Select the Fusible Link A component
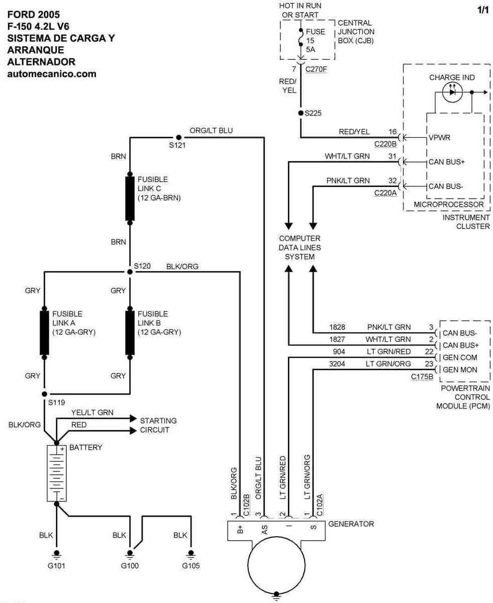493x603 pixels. click(x=44, y=333)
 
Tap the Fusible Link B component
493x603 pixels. click(x=130, y=333)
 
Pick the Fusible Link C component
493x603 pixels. click(x=130, y=198)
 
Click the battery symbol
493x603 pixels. click(x=56, y=473)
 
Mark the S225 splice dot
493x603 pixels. click(x=301, y=114)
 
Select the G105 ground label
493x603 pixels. click(x=190, y=565)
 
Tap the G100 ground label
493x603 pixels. click(x=130, y=565)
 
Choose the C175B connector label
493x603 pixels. click(x=422, y=376)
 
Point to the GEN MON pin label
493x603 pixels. click(x=460, y=370)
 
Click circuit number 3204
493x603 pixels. click(x=336, y=364)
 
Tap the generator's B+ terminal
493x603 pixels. click(x=240, y=529)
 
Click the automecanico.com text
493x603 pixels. click(x=52, y=74)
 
